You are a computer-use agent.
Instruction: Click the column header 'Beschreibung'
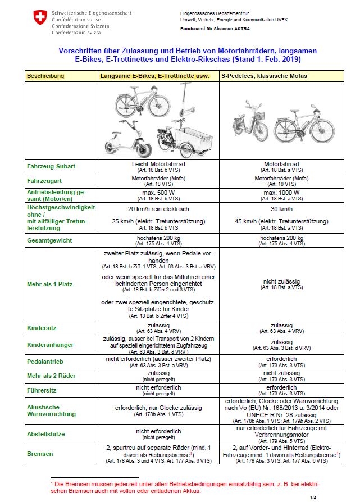[x=45, y=76]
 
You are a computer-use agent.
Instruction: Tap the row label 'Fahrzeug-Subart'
[x=51, y=167]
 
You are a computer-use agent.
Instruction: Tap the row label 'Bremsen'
[x=40, y=453]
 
